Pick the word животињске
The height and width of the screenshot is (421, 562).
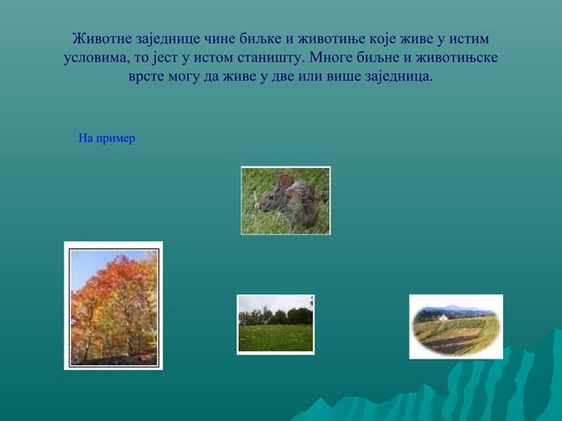tap(456, 59)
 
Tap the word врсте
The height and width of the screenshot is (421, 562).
tap(149, 78)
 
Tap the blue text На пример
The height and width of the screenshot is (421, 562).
tap(107, 138)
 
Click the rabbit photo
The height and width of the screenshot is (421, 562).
tap(285, 201)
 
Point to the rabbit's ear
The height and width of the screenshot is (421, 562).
tap(284, 180)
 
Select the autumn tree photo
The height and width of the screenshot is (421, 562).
tap(114, 306)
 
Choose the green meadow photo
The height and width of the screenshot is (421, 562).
tap(275, 324)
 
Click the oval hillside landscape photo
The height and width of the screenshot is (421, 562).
tap(455, 327)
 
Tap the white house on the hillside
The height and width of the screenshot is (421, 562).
tap(444, 315)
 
